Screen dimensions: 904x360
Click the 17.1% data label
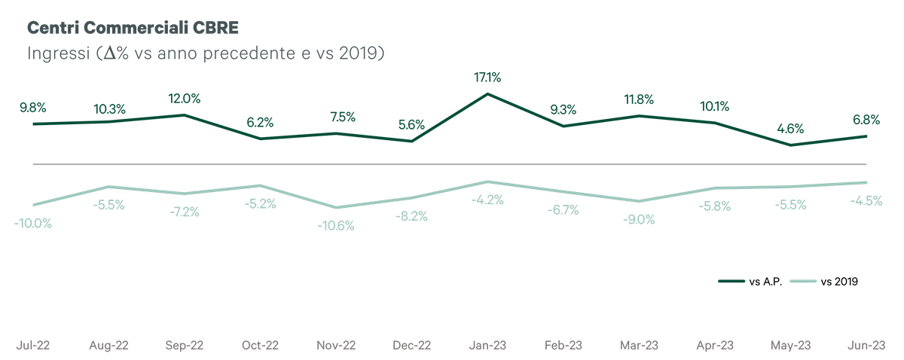487,77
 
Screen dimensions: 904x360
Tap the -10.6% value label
336,226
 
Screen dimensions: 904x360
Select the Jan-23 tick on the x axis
487,346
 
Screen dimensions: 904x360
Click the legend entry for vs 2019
823,282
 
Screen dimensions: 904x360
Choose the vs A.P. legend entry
750,282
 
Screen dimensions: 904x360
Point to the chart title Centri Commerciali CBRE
133,27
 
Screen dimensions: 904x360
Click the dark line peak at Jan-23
487,94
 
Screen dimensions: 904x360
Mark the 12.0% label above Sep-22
185,99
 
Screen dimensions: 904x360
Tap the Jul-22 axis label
33,346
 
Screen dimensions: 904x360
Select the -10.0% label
33,223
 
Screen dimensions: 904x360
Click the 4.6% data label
790,129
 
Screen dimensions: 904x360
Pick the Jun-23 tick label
866,346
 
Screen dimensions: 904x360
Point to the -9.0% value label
639,220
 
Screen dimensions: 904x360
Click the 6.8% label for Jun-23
866,120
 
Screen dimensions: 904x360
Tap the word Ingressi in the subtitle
59,53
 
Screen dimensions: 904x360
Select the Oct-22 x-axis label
261,346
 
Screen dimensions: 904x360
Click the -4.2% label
487,200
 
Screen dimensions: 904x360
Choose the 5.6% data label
411,125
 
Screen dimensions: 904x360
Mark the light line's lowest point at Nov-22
336,207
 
